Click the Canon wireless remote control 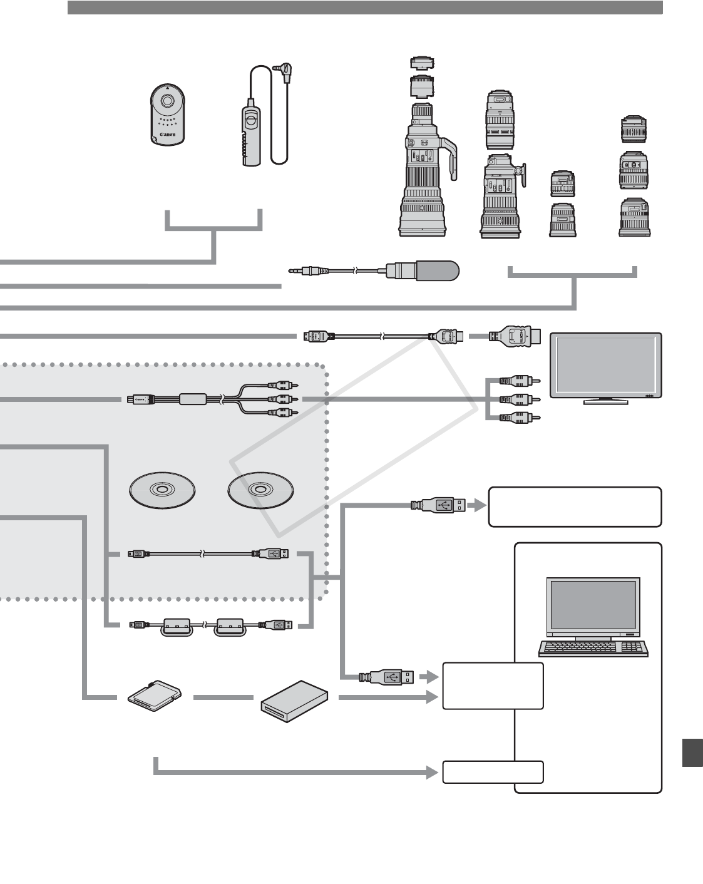point(168,115)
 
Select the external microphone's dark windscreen point(438,270)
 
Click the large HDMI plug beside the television point(516,337)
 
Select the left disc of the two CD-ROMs point(161,490)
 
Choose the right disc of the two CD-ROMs point(260,490)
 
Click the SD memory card point(154,696)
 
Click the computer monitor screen point(593,604)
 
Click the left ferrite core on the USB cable point(176,626)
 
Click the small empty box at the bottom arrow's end point(493,772)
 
